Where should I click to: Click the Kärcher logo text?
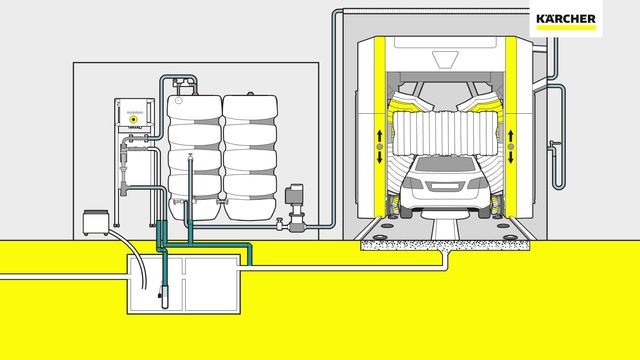[566, 19]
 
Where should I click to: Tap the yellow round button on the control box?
[133, 120]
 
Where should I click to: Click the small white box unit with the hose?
[96, 222]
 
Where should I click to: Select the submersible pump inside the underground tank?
[164, 296]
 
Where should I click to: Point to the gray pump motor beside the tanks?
[294, 194]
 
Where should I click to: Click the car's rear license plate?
[445, 186]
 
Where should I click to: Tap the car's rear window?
[445, 164]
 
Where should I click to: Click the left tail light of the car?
[412, 182]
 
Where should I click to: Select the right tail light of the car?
[478, 182]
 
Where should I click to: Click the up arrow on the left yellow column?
[380, 136]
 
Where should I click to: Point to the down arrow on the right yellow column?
[511, 157]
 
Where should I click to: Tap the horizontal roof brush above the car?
[445, 133]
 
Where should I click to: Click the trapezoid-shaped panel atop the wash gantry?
[445, 60]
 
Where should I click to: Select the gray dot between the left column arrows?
[380, 147]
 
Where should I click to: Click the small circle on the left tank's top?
[178, 100]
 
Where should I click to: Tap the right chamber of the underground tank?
[211, 283]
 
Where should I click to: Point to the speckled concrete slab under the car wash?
[445, 244]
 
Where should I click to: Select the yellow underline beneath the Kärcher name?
[566, 27]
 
